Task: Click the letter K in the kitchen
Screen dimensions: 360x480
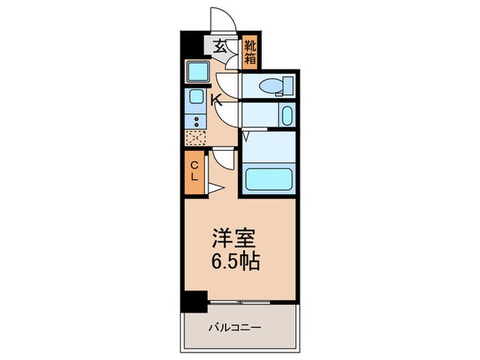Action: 216,101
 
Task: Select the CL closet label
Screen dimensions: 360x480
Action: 194,169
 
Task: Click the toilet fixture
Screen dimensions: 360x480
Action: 278,85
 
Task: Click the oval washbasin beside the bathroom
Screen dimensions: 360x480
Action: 286,115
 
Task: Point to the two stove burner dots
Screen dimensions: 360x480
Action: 196,121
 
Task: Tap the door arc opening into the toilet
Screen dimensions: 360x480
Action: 232,85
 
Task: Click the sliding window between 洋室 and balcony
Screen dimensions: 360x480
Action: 240,302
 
